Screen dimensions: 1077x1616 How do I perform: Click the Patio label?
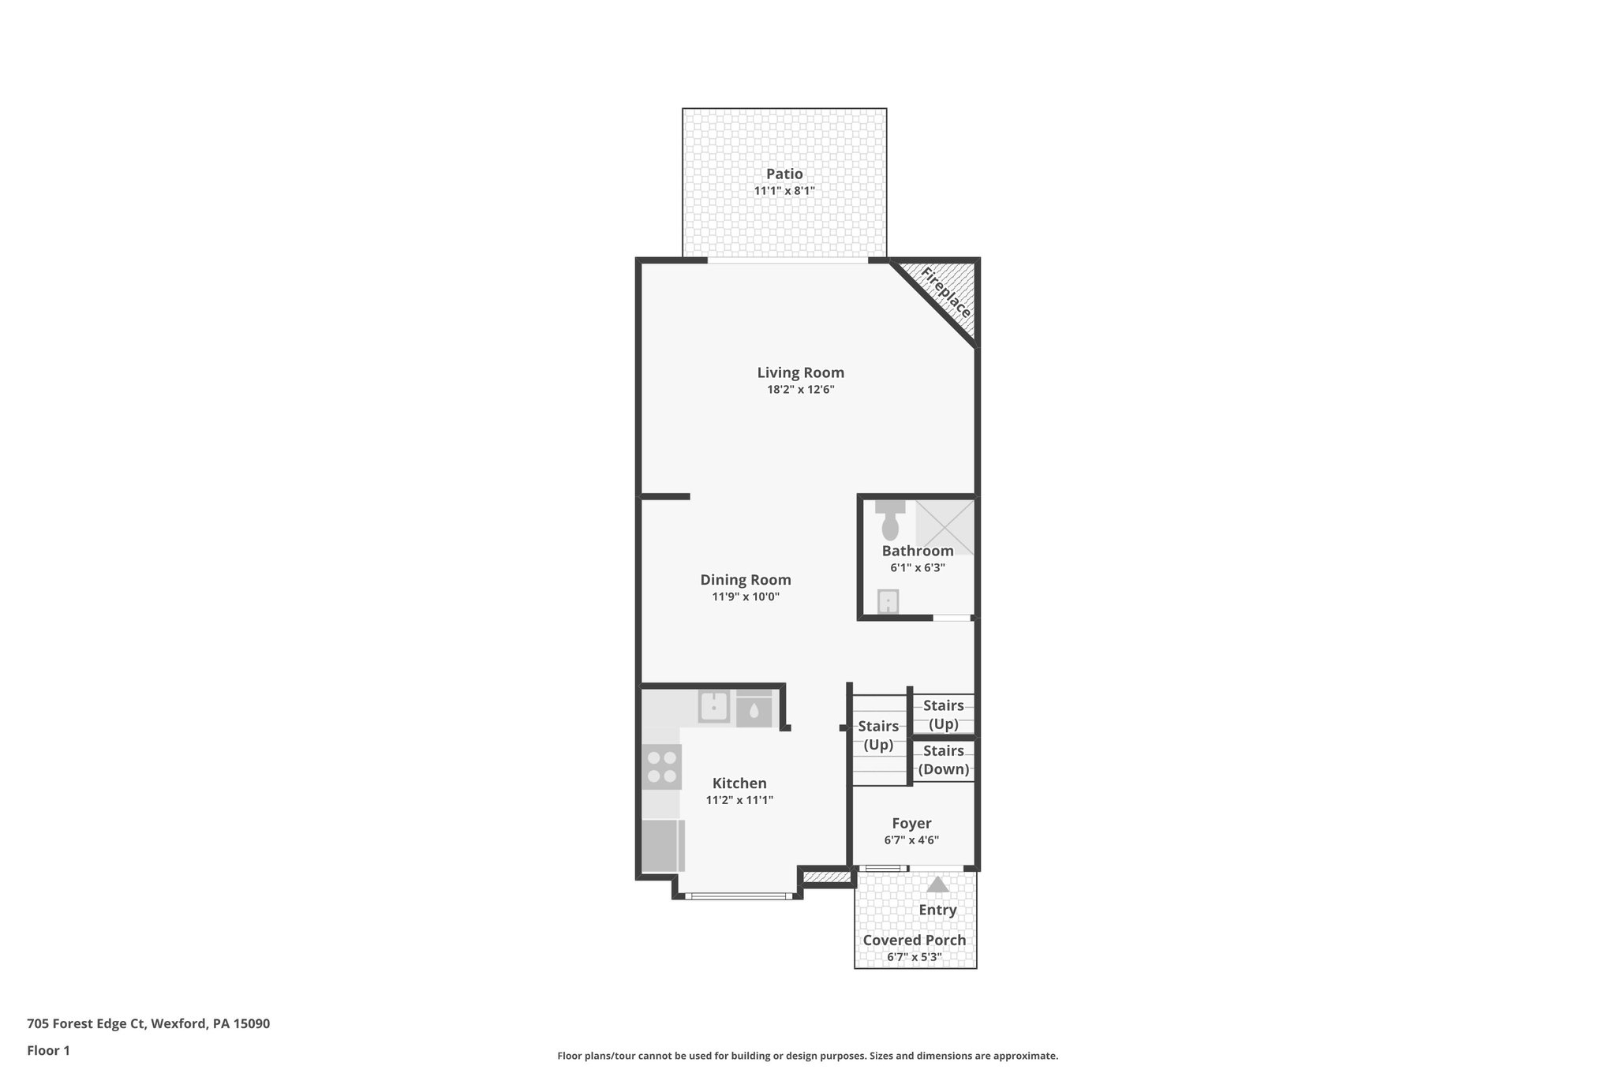click(x=784, y=174)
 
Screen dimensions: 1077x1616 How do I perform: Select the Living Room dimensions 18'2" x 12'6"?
click(x=800, y=390)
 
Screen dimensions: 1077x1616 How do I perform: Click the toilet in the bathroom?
click(x=890, y=521)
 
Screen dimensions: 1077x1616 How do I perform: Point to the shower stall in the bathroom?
click(x=945, y=526)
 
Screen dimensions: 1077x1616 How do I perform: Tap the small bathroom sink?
click(x=888, y=602)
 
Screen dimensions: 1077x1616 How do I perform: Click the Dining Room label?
click(x=746, y=580)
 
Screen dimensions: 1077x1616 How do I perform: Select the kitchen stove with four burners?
click(x=661, y=767)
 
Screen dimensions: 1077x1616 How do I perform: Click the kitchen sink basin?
click(x=714, y=706)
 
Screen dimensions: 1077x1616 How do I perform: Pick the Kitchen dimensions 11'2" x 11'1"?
click(x=739, y=800)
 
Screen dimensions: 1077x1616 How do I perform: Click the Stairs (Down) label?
click(x=944, y=760)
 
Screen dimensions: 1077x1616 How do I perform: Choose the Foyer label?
click(x=911, y=824)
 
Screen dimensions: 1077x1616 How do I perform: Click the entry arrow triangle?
click(x=937, y=884)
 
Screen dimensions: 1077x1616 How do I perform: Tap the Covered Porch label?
click(x=914, y=941)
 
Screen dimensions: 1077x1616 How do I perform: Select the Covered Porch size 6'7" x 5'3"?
click(x=914, y=957)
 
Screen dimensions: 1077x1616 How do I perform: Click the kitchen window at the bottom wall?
click(x=739, y=896)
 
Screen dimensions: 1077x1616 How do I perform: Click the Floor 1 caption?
click(x=48, y=1050)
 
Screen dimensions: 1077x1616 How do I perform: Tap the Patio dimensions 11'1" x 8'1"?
click(x=784, y=191)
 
